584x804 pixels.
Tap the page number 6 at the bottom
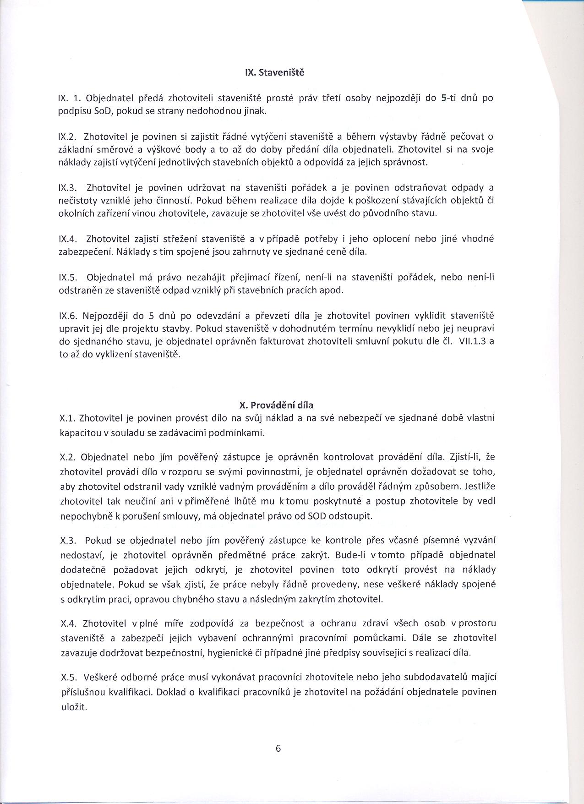pos(278,749)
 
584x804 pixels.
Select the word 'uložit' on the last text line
pos(73,707)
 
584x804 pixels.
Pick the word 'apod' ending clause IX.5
pos(333,290)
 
